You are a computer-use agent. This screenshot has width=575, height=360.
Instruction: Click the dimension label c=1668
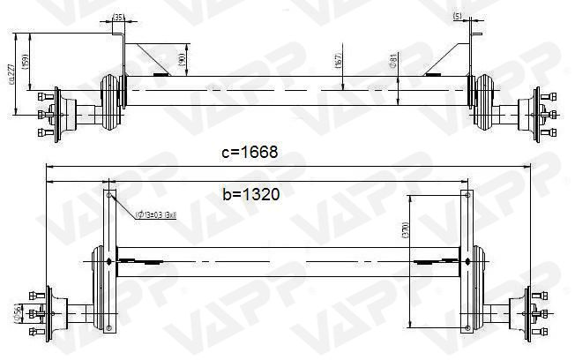tap(250, 152)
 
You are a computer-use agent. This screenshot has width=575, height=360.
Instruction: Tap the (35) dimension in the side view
tap(119, 17)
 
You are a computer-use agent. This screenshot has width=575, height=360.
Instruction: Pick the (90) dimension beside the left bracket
tap(181, 60)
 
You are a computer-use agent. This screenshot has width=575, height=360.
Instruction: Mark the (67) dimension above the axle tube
tap(340, 63)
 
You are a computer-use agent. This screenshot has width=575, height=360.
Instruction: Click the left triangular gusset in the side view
tap(146, 60)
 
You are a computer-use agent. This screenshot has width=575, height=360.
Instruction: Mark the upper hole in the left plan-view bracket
tap(109, 198)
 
